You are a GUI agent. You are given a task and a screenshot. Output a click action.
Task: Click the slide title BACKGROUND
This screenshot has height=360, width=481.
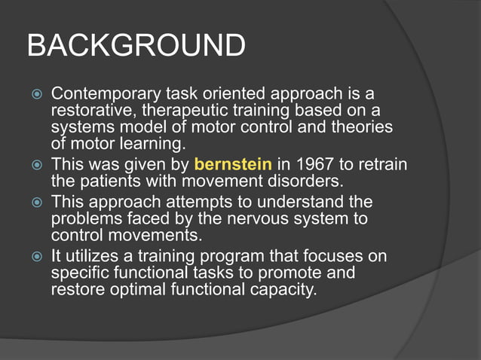click(x=136, y=46)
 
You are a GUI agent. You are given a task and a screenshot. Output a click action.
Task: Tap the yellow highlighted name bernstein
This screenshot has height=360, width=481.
click(x=234, y=163)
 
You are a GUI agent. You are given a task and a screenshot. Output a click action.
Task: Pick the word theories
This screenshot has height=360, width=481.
click(x=360, y=127)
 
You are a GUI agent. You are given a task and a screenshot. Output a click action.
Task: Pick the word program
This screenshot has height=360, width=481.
click(x=232, y=256)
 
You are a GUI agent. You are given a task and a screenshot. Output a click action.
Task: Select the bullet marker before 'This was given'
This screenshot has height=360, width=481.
click(x=36, y=164)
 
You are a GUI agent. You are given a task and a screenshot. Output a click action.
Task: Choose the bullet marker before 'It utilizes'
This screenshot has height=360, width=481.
click(x=36, y=257)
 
